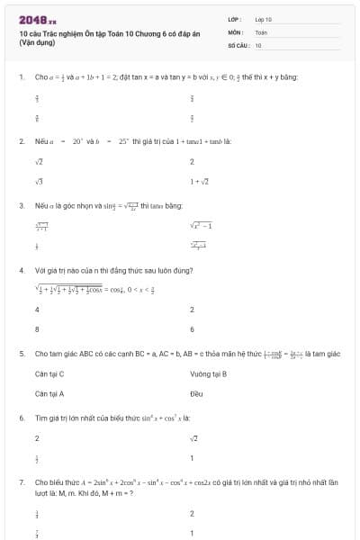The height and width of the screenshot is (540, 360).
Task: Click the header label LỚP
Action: pyautogui.click(x=235, y=18)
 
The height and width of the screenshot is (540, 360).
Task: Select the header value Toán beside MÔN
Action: pyautogui.click(x=262, y=31)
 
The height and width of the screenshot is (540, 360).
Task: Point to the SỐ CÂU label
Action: pyautogui.click(x=238, y=44)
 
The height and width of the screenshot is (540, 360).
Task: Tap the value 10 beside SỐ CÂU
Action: pyautogui.click(x=258, y=44)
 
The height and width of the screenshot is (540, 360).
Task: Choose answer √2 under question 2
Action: pyautogui.click(x=39, y=162)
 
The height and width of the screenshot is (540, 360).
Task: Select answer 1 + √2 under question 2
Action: pyautogui.click(x=199, y=181)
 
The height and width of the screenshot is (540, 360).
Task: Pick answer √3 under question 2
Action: pyautogui.click(x=39, y=181)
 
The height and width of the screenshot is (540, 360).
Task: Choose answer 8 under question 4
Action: pyautogui.click(x=37, y=329)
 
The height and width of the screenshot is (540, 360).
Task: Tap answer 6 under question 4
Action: pyautogui.click(x=192, y=329)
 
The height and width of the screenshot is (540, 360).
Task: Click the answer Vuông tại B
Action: pyautogui.click(x=208, y=373)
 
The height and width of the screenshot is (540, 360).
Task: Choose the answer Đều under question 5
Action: pyautogui.click(x=196, y=393)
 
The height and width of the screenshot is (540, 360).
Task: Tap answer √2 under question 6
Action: pyautogui.click(x=193, y=438)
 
